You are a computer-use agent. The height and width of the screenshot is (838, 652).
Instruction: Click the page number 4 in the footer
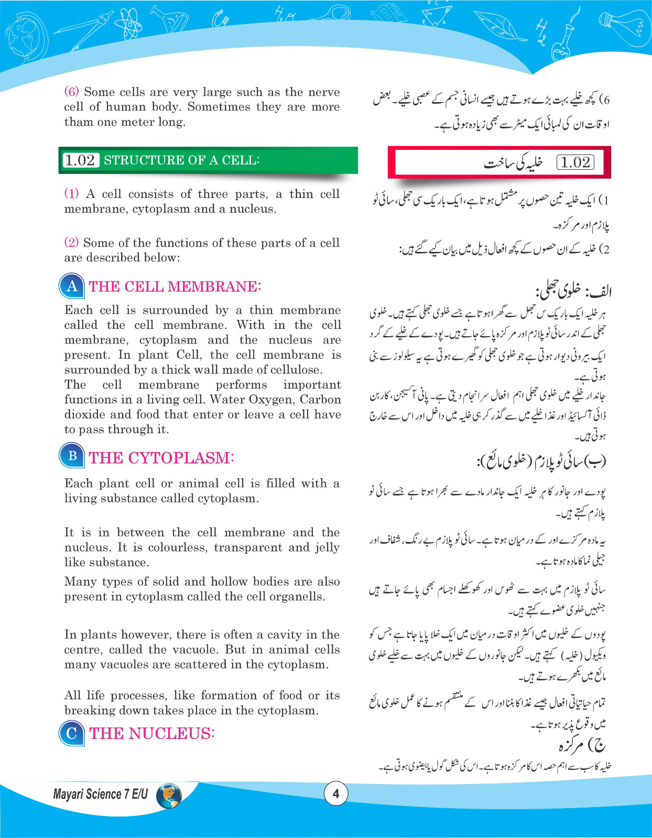point(336,793)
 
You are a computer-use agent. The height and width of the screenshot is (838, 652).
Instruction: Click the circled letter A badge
point(72,286)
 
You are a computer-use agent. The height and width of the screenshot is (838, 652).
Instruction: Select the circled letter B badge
point(72,456)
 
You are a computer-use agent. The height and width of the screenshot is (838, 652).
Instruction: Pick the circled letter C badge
point(72,733)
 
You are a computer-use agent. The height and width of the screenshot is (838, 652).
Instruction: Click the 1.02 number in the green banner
point(80,160)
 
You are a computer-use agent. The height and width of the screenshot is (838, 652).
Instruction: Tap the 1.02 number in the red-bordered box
point(575,162)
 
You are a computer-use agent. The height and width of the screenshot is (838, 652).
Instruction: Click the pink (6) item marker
point(71,92)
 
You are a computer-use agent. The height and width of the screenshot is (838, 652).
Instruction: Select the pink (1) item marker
point(71,193)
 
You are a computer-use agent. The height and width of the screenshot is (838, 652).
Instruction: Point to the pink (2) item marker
point(71,242)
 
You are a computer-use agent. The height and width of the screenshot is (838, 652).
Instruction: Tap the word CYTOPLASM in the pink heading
point(179,458)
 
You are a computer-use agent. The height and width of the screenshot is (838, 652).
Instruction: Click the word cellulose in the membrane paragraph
point(295,370)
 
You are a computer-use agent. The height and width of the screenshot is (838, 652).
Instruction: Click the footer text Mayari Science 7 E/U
point(101,795)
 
